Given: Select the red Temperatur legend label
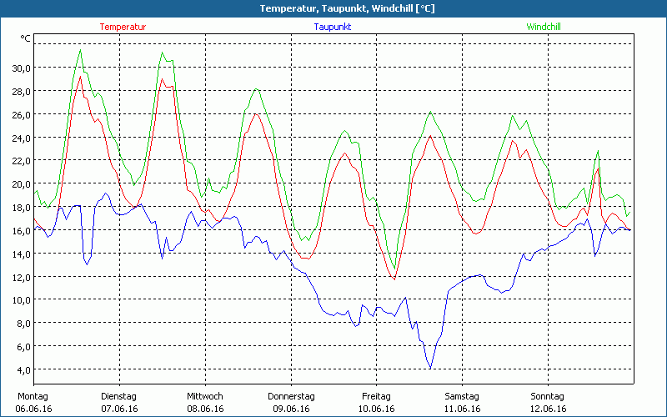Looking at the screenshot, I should [123, 27].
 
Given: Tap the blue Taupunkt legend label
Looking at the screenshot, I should [333, 27].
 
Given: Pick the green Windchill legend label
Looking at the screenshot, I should [543, 27].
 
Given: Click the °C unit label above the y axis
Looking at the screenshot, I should [26, 38].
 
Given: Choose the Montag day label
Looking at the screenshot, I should [33, 396].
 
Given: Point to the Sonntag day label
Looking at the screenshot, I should [548, 396].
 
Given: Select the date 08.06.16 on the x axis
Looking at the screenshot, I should [205, 409].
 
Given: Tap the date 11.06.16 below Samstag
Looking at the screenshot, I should [462, 409].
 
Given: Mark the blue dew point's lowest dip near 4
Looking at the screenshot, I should [430, 368].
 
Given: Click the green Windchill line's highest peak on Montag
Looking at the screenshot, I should [80, 49].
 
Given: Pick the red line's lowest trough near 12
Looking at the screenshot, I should [394, 279].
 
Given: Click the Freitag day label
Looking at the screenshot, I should [376, 396].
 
